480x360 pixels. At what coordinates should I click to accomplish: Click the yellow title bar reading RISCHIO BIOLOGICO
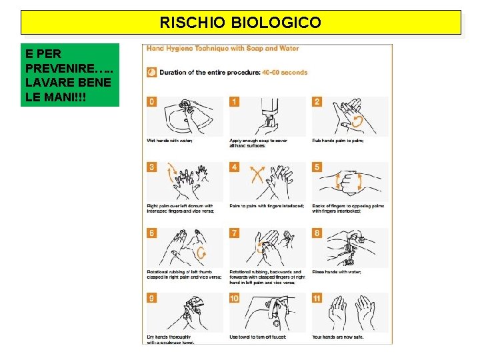click(240, 23)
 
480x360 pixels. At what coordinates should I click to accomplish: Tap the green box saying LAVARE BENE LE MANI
click(70, 75)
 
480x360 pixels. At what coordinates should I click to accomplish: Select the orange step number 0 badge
click(152, 101)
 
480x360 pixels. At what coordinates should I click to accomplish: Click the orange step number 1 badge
click(235, 101)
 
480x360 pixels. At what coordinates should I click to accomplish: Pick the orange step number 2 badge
click(317, 101)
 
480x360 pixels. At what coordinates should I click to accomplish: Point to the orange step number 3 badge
click(152, 167)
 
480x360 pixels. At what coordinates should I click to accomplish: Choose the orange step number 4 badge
click(235, 167)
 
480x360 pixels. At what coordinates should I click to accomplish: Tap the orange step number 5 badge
click(317, 167)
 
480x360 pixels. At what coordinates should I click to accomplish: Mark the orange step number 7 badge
click(235, 233)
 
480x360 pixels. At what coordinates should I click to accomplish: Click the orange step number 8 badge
click(317, 233)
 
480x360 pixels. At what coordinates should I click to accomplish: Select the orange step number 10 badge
click(235, 298)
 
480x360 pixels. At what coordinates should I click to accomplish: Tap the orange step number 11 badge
click(317, 298)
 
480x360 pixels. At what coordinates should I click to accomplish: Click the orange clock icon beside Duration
click(152, 72)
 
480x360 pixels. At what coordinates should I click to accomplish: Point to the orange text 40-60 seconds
click(285, 72)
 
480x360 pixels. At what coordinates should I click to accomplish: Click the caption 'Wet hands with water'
click(169, 140)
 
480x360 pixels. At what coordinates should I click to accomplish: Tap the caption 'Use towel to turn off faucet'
click(257, 337)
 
